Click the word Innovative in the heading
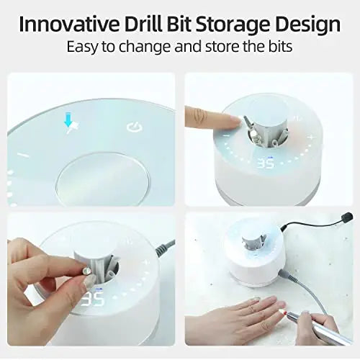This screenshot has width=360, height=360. tap(69, 24)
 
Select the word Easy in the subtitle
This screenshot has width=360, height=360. tap(82, 47)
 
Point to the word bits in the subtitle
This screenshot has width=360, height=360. tap(280, 46)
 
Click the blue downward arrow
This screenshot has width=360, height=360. tap(68, 120)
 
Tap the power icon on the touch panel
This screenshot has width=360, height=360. tap(135, 127)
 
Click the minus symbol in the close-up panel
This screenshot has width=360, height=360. tap(24, 155)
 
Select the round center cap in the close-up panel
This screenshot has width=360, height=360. tap(103, 179)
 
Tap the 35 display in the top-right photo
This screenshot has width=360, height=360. tap(266, 163)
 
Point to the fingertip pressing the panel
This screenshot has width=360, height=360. tap(234, 120)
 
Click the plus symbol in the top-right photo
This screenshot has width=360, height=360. tap(311, 138)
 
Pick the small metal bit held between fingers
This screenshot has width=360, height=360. tap(86, 271)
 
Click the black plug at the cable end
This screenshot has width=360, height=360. tap(348, 217)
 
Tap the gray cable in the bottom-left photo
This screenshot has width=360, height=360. tap(166, 248)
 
